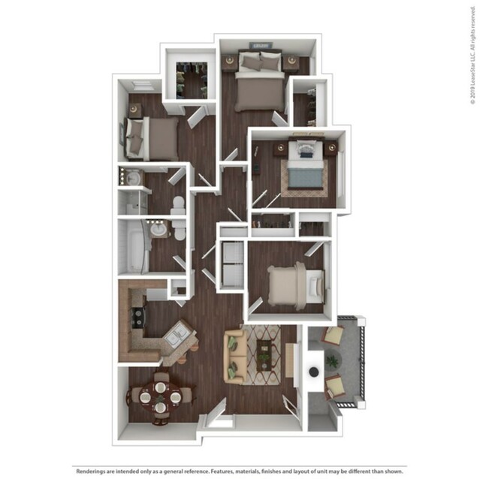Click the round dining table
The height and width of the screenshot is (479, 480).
(160, 395)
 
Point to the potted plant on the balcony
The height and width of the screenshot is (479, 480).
(331, 361)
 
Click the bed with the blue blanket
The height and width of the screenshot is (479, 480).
(306, 170)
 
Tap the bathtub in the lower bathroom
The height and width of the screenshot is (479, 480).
(132, 246)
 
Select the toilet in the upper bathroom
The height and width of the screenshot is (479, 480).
(177, 205)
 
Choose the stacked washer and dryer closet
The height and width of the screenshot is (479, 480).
(231, 264)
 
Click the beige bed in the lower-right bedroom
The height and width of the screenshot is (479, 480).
(292, 285)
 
